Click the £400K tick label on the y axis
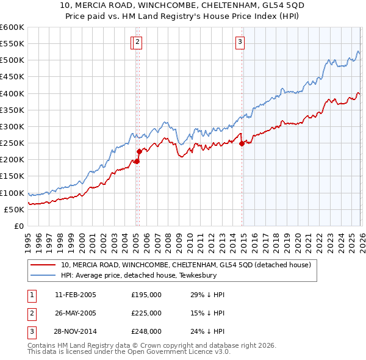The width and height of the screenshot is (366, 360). (x=12, y=93)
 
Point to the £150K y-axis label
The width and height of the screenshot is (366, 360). (x=12, y=176)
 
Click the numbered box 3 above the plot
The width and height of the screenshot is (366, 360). (x=240, y=41)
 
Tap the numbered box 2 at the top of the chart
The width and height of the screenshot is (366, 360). (x=138, y=41)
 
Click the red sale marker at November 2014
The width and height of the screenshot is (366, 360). (x=242, y=144)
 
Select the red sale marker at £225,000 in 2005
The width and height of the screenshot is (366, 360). (x=138, y=151)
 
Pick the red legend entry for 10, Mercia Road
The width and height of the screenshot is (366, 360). (x=186, y=265)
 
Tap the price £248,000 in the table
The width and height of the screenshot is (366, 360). (x=146, y=331)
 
